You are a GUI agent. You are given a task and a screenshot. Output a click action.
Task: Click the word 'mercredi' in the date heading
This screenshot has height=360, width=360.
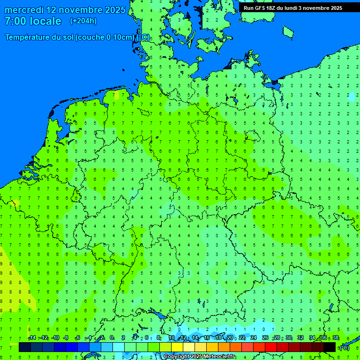pos(24,10)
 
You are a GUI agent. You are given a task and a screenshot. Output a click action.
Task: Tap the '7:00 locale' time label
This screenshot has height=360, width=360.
pos(33,21)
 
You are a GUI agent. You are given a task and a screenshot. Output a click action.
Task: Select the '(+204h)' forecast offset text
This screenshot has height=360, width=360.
pos(83,21)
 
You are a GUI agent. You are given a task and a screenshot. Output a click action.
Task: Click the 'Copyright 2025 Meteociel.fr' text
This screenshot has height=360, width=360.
pos(199,357)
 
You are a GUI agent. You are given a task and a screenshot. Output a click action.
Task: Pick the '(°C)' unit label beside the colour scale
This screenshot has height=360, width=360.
pos(344,347)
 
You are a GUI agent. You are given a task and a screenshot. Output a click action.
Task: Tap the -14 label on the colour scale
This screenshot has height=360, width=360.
pos(32,338)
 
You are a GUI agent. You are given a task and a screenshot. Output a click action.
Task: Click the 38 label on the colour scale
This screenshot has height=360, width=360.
pos(336,338)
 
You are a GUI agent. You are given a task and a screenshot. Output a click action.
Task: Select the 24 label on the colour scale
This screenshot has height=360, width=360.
pos(254,338)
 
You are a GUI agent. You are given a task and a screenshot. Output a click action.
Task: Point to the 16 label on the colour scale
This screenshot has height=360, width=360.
pos(207,338)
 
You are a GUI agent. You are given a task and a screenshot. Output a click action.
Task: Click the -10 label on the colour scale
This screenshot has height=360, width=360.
pos(55,338)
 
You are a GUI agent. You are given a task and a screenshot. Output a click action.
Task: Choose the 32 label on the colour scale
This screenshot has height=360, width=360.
pos(300,338)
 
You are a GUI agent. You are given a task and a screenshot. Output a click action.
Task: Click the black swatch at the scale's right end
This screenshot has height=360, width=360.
pos(330,347)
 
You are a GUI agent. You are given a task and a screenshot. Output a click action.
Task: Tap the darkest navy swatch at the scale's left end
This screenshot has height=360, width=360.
pos(25,347)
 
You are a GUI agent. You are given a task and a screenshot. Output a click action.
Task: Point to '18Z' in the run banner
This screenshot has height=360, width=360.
pos(271,8)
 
